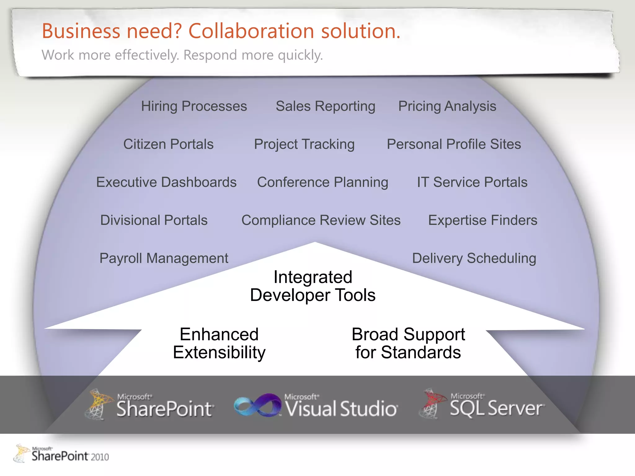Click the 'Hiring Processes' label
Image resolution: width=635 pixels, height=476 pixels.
click(194, 106)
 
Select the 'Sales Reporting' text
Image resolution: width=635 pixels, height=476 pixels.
click(326, 106)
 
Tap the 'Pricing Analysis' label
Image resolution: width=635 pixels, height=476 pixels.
click(447, 106)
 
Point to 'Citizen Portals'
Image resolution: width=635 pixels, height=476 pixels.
click(168, 144)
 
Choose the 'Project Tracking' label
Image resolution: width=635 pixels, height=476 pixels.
click(304, 144)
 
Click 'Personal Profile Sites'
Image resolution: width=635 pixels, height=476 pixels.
click(454, 144)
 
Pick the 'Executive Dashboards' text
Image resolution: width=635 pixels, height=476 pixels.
click(167, 182)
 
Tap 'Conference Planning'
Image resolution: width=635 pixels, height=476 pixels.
click(322, 182)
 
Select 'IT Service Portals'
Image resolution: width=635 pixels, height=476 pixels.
click(472, 182)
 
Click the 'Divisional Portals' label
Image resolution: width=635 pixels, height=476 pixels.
click(154, 220)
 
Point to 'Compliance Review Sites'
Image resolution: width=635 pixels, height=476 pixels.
click(321, 220)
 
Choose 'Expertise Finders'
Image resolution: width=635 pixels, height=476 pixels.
click(483, 220)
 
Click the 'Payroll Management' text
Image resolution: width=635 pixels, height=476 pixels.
click(164, 258)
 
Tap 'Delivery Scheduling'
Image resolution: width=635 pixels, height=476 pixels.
click(474, 258)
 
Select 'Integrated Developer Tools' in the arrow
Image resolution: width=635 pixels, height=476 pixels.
click(313, 286)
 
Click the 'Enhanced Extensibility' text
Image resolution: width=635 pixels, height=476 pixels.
click(219, 343)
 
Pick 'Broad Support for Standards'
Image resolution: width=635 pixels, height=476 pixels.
click(408, 343)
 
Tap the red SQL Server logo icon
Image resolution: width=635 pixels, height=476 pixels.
click(432, 403)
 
